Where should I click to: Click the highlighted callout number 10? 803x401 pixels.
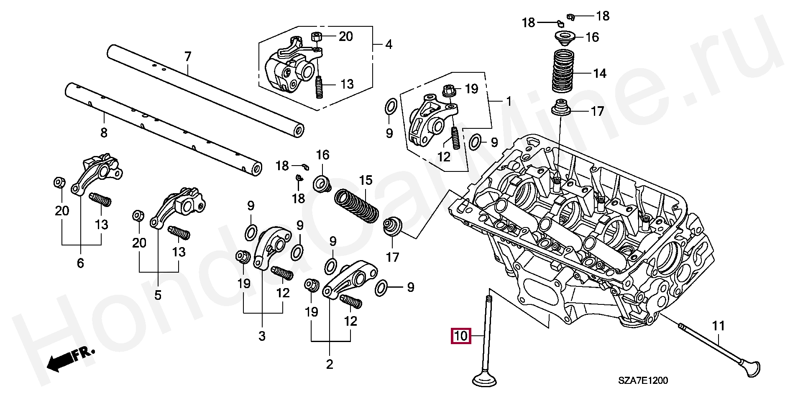tap(460, 336)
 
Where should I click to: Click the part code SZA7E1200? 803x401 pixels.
tap(643, 381)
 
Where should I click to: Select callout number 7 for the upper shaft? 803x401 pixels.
tap(188, 56)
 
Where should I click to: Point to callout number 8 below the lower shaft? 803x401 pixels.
tap(104, 133)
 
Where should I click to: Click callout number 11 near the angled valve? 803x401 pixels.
tap(718, 325)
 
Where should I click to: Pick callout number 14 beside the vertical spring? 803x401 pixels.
tap(599, 74)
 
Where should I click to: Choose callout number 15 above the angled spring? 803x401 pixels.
tap(366, 180)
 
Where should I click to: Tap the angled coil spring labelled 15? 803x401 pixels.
tap(356, 206)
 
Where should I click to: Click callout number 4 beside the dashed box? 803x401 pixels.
tap(389, 44)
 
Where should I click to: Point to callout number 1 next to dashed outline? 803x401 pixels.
tap(509, 101)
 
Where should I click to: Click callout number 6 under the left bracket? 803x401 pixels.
tap(80, 263)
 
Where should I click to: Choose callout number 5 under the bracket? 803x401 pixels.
tap(158, 295)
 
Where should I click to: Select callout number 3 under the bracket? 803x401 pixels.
tap(262, 336)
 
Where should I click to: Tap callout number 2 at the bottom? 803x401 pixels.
tap(330, 364)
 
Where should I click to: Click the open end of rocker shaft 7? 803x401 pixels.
tap(298, 131)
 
